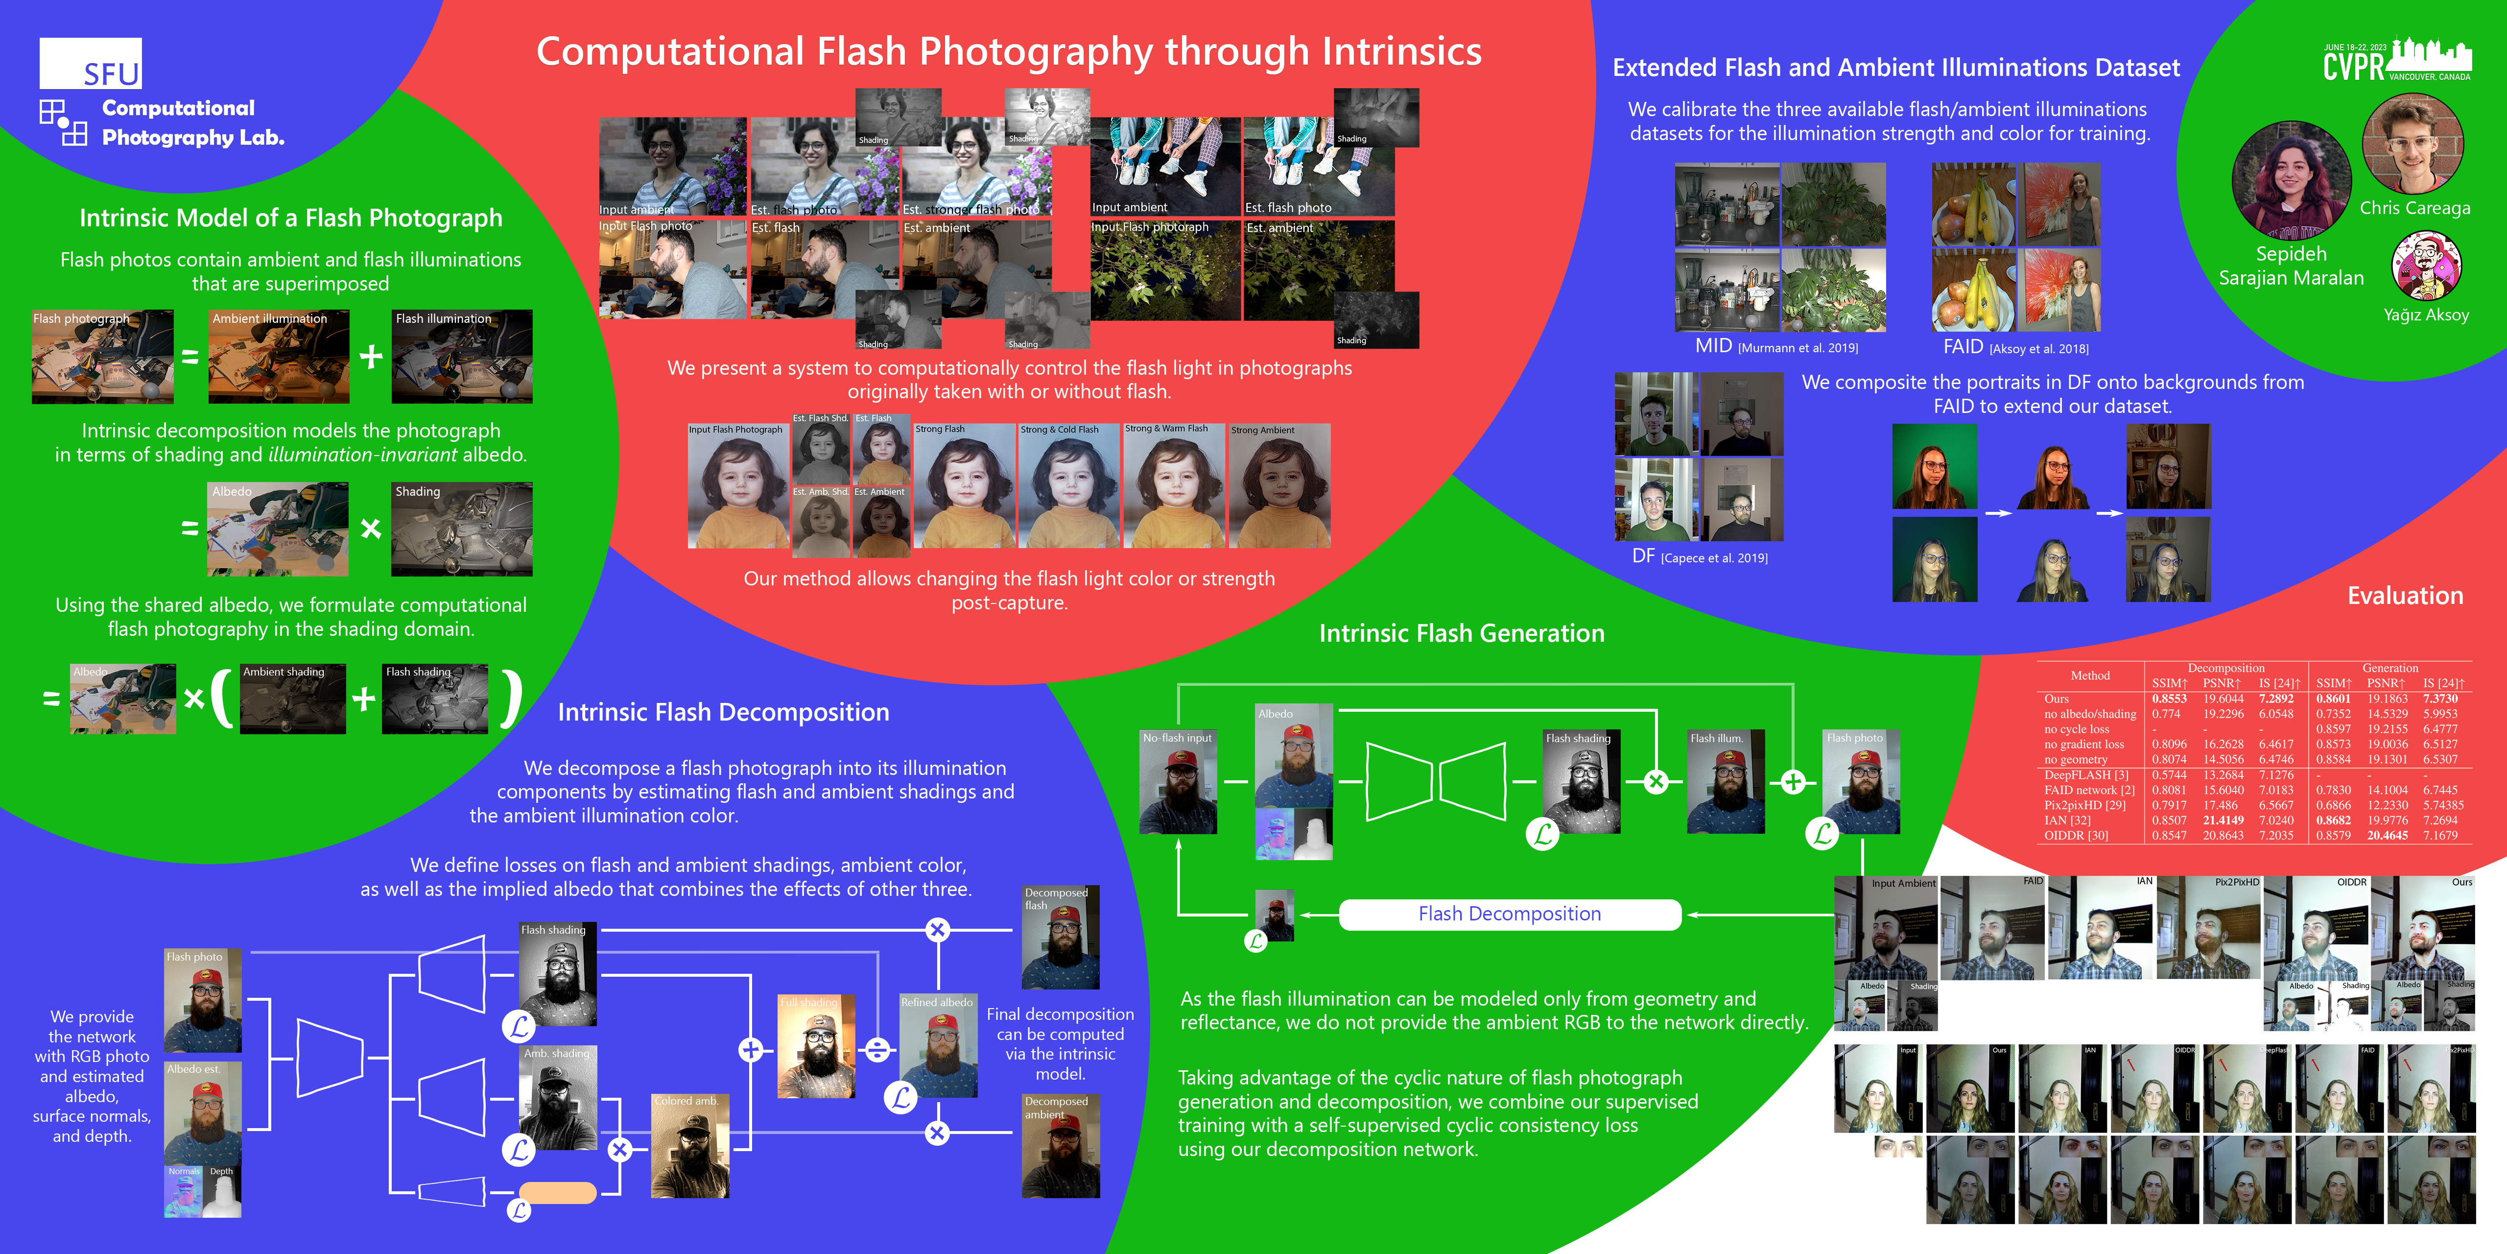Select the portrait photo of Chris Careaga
tap(2412, 144)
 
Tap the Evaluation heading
tap(2405, 596)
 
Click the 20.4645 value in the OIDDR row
tap(2388, 835)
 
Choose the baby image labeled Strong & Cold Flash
tap(1068, 486)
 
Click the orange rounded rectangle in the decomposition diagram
tap(558, 1193)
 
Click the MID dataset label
tap(1713, 347)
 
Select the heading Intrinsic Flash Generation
tap(1461, 634)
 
